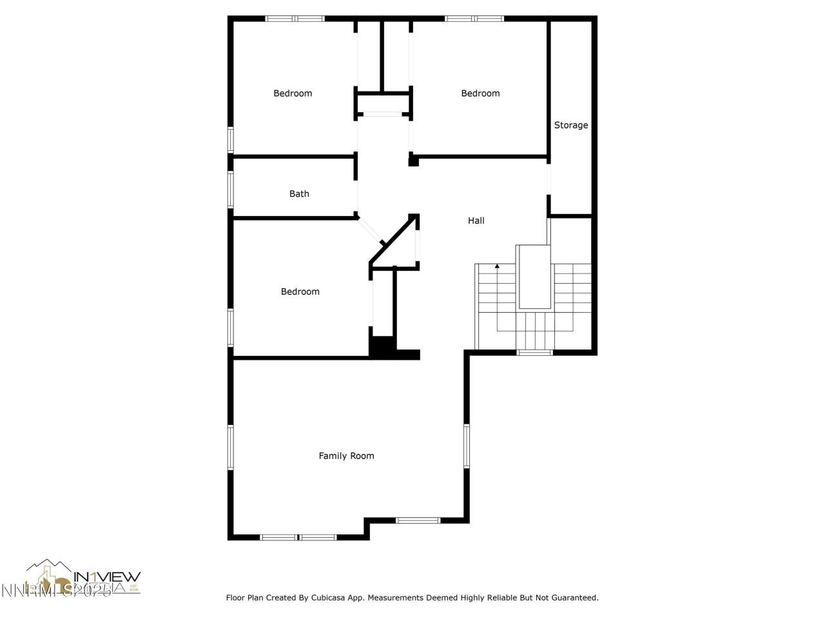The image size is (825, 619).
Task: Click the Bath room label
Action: point(299,193)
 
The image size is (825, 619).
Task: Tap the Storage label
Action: point(571,125)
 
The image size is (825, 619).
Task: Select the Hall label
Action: point(476,221)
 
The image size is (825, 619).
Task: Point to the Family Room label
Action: point(346,456)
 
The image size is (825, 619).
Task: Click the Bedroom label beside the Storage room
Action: point(480,93)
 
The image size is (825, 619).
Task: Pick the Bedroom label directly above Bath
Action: point(293,93)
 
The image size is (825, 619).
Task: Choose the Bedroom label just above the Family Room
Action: point(300,291)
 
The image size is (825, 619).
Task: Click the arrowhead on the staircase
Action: point(497,266)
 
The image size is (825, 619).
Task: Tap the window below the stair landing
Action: point(535,353)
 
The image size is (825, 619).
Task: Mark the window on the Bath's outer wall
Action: point(231,189)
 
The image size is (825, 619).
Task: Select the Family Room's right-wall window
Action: point(467,446)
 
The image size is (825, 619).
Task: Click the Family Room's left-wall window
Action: point(231,447)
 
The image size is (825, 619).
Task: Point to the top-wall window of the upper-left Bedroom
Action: point(295,19)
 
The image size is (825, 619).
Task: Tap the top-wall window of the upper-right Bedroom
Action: point(474,19)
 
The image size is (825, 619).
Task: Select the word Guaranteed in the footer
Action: point(575,598)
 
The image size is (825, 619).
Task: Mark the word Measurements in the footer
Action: point(395,598)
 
